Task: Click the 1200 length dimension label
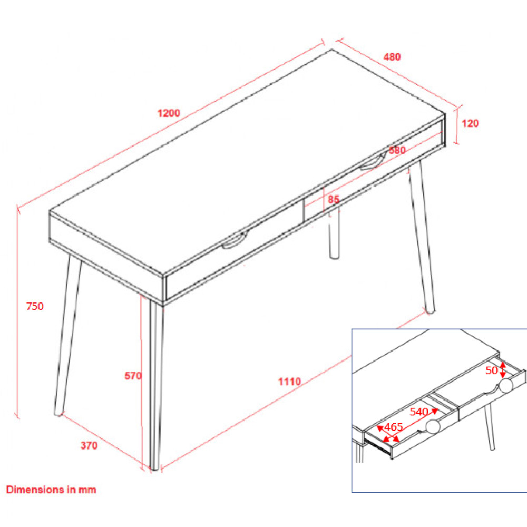coord(169,113)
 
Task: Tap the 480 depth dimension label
coord(392,57)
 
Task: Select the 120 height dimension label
coord(470,123)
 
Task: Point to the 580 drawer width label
coord(397,150)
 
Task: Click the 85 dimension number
coord(334,199)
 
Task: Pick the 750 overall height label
coord(35,306)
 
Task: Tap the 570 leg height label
coord(133,376)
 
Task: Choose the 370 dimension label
coord(89,445)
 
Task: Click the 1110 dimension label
coord(289,382)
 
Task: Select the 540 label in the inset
coord(419,412)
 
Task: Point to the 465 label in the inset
coord(393,427)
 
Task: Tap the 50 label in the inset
coord(492,370)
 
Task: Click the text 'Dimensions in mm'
coord(51,490)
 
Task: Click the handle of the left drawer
coord(235,241)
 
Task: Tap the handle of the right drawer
coord(373,163)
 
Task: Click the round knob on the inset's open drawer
coord(433,426)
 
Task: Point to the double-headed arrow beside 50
coord(503,370)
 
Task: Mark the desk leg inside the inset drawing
coord(490,427)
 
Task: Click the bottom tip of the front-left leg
coord(58,414)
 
